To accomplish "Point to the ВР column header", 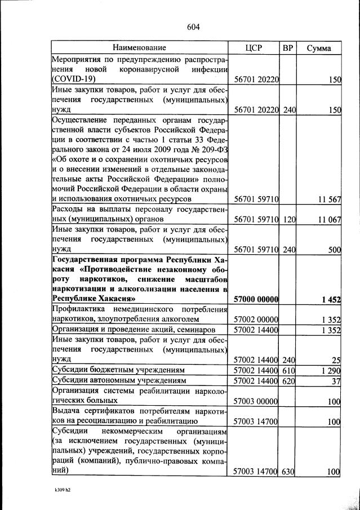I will tap(288, 48).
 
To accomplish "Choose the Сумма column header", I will tap(319, 48).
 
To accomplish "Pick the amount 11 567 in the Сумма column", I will tap(328, 199).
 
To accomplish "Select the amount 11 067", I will tap(328, 220).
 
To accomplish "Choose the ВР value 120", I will tap(288, 220).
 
